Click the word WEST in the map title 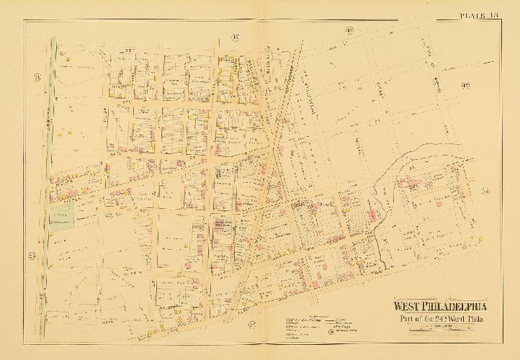point(406,304)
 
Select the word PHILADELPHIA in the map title point(453,304)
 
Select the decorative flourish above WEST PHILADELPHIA point(441,294)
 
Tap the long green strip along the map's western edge point(49,144)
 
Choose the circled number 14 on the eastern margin point(485,191)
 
